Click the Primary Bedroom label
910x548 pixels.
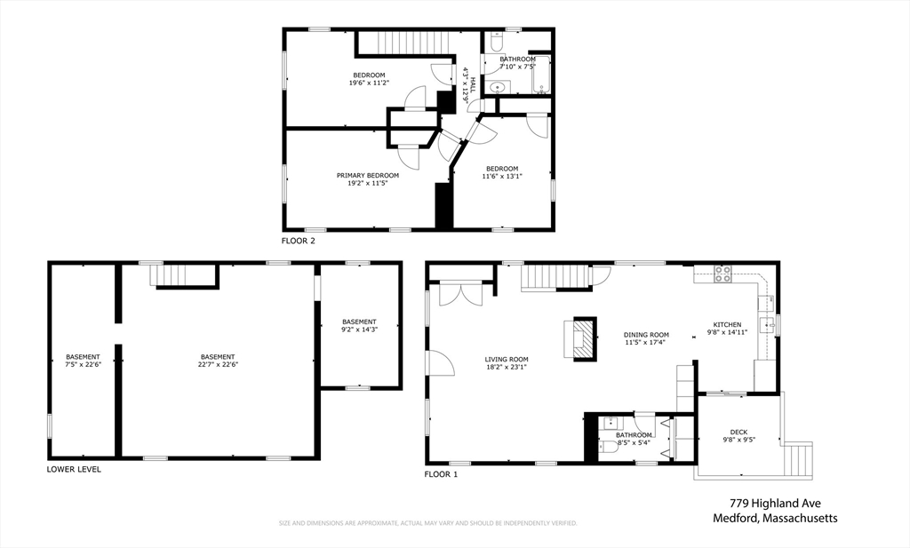click(368, 176)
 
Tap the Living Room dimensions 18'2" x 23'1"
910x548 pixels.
click(507, 367)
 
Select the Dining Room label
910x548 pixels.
click(647, 335)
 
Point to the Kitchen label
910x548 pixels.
click(727, 325)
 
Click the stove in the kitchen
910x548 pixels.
click(722, 274)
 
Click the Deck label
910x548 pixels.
click(738, 432)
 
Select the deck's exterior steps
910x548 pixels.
click(798, 461)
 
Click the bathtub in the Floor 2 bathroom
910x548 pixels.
click(541, 75)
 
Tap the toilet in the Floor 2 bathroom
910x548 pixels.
click(497, 42)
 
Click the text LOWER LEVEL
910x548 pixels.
click(74, 469)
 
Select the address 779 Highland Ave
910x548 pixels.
click(775, 504)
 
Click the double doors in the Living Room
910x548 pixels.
click(461, 293)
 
